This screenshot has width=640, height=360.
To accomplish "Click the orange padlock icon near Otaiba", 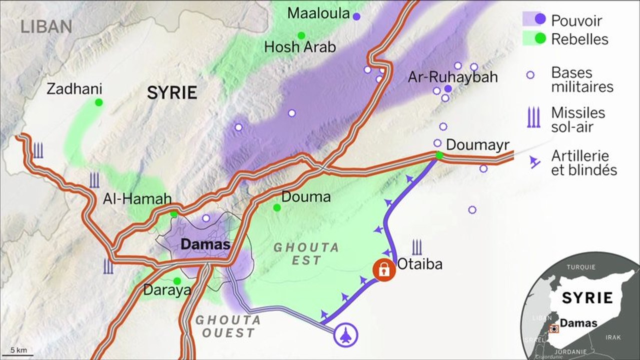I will pyautogui.click(x=384, y=270).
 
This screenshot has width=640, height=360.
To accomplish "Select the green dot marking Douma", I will pyautogui.click(x=277, y=207).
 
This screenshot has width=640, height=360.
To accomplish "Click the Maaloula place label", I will pyautogui.click(x=318, y=13).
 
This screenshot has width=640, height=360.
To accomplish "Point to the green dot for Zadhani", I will pyautogui.click(x=99, y=102).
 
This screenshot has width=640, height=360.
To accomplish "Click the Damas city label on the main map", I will pyautogui.click(x=205, y=245).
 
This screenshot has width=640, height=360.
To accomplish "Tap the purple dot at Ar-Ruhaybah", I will pyautogui.click(x=448, y=88).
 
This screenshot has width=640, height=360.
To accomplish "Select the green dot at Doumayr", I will pyautogui.click(x=439, y=155).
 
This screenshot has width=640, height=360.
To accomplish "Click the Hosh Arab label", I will pyautogui.click(x=300, y=47).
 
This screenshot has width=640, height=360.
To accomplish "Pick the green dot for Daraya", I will pyautogui.click(x=177, y=281).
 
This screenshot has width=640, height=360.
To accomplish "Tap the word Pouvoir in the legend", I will pyautogui.click(x=576, y=21).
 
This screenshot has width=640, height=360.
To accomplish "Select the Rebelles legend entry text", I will pyautogui.click(x=579, y=39).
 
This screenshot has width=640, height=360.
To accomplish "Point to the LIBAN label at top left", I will pyautogui.click(x=47, y=26).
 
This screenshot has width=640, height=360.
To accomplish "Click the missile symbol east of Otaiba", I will pyautogui.click(x=417, y=247).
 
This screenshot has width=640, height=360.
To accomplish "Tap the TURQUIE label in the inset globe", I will pyautogui.click(x=581, y=266).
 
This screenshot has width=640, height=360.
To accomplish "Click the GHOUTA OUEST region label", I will pyautogui.click(x=228, y=326).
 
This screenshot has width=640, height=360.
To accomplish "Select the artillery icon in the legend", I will pyautogui.click(x=535, y=161).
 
